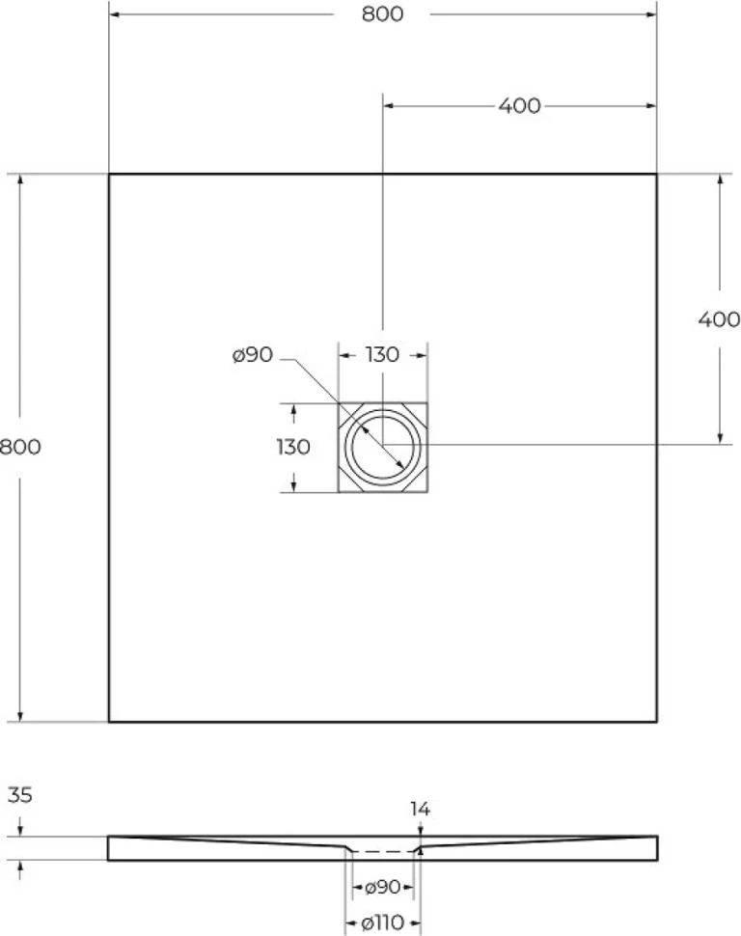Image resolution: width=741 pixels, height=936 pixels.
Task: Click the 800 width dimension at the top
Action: point(382,14)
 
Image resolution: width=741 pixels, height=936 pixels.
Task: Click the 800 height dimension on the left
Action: point(20,447)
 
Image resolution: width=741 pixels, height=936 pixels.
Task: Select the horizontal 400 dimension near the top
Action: point(519,105)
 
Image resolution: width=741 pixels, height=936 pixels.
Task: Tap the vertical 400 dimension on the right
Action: point(719,319)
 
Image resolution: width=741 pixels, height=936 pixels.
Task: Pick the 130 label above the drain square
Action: point(382,354)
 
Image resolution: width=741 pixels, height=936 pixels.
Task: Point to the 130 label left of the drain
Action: point(293,447)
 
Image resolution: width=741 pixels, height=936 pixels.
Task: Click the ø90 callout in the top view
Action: point(253,354)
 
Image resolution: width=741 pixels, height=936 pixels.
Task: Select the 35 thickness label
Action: point(19,795)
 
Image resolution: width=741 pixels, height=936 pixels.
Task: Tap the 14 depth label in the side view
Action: point(420,809)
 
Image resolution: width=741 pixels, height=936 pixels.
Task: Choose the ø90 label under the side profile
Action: point(382,887)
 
